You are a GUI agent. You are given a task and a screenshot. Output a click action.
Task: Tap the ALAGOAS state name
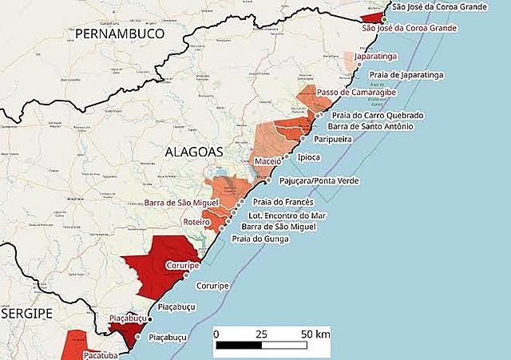click(x=194, y=150)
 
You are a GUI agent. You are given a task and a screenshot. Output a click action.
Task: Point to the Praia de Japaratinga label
click(x=406, y=75)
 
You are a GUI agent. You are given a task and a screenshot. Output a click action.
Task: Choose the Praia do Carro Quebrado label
click(x=378, y=116)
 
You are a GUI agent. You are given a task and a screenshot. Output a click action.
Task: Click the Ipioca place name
click(x=310, y=158)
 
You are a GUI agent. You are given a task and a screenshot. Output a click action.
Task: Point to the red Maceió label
click(x=267, y=162)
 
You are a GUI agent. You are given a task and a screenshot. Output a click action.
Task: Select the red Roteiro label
click(x=196, y=223)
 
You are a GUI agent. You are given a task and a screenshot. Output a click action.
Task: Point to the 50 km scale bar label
click(x=315, y=333)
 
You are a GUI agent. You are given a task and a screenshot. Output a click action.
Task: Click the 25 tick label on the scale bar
click(x=261, y=333)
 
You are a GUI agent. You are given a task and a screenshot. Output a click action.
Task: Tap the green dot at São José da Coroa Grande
click(x=384, y=19)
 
